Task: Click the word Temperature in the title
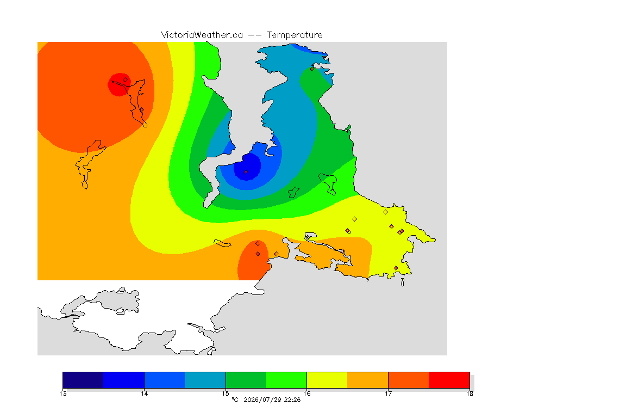point(295,35)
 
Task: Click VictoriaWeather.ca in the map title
point(202,35)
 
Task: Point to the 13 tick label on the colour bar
point(62,394)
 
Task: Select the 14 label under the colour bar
point(144,394)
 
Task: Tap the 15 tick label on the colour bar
point(226,394)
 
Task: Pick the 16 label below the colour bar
point(306,394)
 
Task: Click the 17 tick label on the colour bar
point(388,394)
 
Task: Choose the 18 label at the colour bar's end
point(469,394)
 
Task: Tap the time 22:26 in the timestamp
point(292,399)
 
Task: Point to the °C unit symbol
point(235,399)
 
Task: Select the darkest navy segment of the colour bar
point(83,380)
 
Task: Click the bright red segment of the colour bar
point(449,380)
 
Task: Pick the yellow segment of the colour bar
point(327,380)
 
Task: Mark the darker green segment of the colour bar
point(246,380)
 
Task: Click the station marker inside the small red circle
point(126,80)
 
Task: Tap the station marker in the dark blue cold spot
point(246,173)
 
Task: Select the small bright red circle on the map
point(120,84)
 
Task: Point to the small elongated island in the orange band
point(222,243)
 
